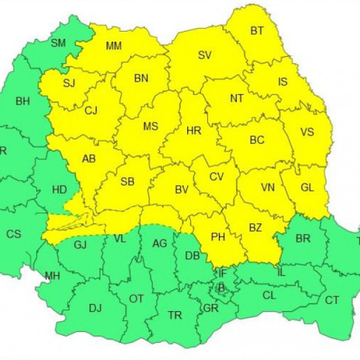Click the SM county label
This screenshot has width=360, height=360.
tap(58, 43)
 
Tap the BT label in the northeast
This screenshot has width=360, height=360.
tap(257, 31)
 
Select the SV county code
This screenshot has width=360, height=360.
tap(205, 55)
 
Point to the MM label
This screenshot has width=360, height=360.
tap(114, 46)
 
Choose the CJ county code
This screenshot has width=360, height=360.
tap(91, 111)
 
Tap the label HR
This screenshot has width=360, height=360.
tap(194, 131)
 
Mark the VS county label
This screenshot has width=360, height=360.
tap(307, 132)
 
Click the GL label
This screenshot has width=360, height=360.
tap(307, 187)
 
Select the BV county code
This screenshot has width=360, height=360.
tap(182, 191)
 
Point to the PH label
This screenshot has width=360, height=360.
tap(218, 235)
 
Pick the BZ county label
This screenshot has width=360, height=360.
tap(254, 228)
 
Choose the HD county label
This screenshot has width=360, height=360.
tap(60, 190)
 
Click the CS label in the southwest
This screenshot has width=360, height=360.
tap(14, 234)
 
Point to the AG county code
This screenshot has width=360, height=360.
tap(160, 243)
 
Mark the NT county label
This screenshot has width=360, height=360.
tap(237, 98)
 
